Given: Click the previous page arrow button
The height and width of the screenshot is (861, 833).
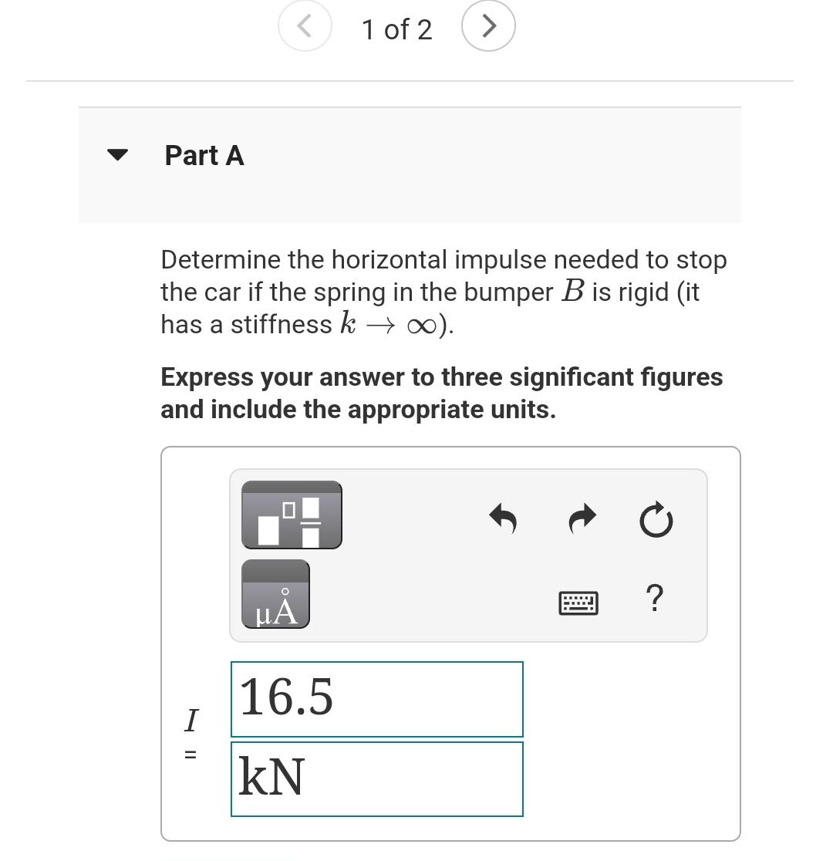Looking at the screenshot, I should coord(305,26).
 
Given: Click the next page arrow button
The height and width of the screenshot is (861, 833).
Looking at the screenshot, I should coord(488,26).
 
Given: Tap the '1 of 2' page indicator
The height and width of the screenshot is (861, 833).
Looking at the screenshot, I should coord(396,30).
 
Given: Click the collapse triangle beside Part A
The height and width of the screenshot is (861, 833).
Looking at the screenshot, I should coord(116,154).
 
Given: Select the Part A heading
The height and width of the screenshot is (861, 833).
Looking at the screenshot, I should coord(204,155).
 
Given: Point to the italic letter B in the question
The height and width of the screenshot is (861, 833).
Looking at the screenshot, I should coord(572,292).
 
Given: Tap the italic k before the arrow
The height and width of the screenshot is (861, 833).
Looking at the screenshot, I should coord(347,323).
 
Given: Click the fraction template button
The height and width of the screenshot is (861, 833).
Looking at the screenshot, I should coord(292,515).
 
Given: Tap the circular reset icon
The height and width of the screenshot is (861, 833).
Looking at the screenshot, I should coord(656,520).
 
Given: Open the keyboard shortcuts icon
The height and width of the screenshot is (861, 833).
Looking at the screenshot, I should coord(578,603).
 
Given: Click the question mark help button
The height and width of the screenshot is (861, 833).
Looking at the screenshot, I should coord(653,598).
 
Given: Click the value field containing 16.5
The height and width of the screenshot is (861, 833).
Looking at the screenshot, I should coord(376,698).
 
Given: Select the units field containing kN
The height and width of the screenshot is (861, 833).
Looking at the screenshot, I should coord(376,778).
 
